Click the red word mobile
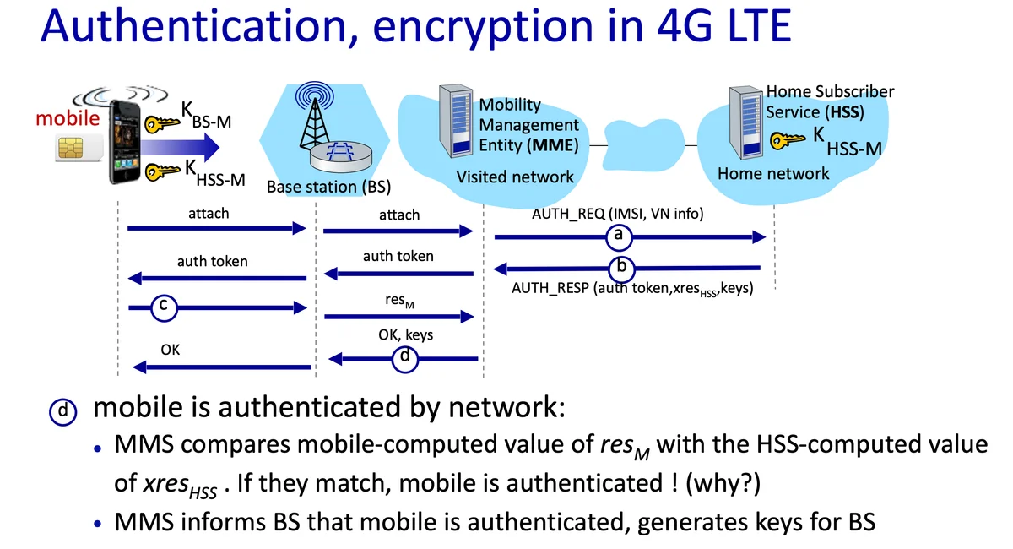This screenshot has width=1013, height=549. pyautogui.click(x=68, y=118)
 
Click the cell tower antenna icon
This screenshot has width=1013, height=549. pyautogui.click(x=317, y=118)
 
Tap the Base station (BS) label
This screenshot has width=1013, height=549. pyautogui.click(x=328, y=186)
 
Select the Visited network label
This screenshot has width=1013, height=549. pyautogui.click(x=514, y=177)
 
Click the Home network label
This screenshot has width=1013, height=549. pyautogui.click(x=772, y=173)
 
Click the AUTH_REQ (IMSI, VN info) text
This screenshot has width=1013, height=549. pyautogui.click(x=617, y=214)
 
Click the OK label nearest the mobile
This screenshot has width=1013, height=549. pyautogui.click(x=170, y=348)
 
